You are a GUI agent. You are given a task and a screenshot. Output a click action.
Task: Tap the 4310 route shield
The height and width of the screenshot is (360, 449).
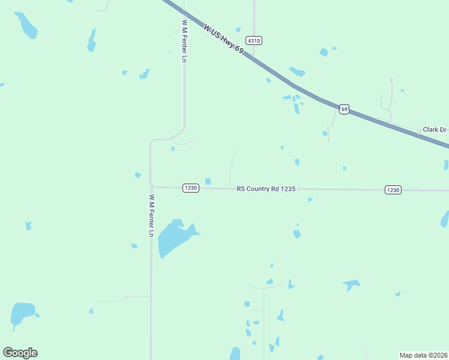point(253,41)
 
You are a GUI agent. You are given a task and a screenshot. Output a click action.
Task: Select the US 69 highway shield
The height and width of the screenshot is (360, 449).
point(343,109)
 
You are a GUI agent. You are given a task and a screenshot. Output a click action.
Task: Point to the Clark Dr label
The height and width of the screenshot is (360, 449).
point(435,130)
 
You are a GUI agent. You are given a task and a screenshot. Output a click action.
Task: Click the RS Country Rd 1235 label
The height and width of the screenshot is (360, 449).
point(266,188)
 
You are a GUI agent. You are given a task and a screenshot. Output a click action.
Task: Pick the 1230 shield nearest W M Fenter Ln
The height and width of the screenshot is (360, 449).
point(190,188)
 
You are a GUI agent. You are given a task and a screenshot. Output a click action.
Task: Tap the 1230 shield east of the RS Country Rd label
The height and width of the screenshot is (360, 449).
point(393,190)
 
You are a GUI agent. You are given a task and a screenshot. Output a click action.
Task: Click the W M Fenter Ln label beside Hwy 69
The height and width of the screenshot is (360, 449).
point(184,41)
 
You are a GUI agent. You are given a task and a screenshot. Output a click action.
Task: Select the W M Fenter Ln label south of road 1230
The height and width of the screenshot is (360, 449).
point(152,215)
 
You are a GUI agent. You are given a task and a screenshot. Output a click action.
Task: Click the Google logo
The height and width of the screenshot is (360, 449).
point(20,353)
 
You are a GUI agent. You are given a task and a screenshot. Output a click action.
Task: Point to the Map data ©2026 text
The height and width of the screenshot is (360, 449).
point(423,355)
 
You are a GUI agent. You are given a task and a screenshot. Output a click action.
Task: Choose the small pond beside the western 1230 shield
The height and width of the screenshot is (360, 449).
point(208,181)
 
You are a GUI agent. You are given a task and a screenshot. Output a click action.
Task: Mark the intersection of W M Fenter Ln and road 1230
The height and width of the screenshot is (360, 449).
point(151,187)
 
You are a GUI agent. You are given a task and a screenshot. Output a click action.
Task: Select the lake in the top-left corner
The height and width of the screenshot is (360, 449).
point(27,26)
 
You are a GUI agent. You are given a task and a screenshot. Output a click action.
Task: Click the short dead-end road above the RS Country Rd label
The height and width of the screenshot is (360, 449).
point(232,168)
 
